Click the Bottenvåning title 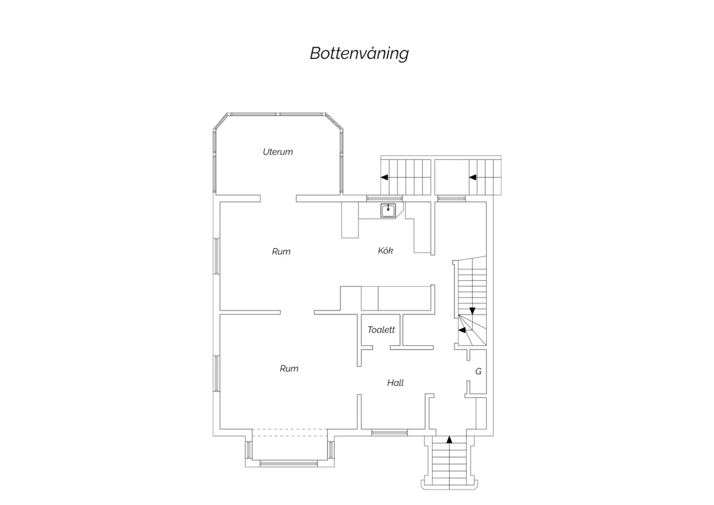click(x=359, y=53)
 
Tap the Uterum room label click(x=278, y=152)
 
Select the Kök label click(x=386, y=251)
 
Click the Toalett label click(x=381, y=330)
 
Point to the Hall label click(x=395, y=383)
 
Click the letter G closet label click(x=478, y=371)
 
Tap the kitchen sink click(x=388, y=211)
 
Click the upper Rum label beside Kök click(x=281, y=252)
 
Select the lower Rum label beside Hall click(x=289, y=368)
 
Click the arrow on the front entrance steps click(x=449, y=440)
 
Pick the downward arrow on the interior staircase click(x=472, y=311)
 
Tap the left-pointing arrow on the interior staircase click(x=462, y=330)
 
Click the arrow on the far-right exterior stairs click(x=473, y=177)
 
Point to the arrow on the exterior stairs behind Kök click(x=385, y=177)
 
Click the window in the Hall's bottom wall click(x=389, y=433)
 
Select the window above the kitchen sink click(x=385, y=198)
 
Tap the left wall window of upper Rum click(x=217, y=256)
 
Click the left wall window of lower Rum click(x=217, y=373)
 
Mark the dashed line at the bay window click(x=290, y=433)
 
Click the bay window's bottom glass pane click(x=289, y=464)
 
